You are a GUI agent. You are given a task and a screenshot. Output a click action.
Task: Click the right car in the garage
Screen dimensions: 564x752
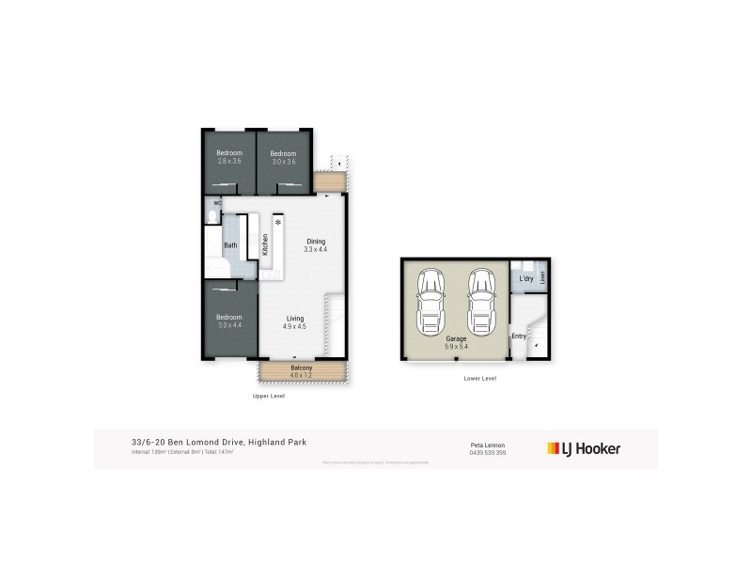click(x=479, y=301)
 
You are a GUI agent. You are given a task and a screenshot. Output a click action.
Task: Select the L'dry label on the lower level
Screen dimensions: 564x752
click(x=525, y=279)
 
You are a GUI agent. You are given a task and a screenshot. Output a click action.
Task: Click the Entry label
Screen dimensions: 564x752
click(x=518, y=336)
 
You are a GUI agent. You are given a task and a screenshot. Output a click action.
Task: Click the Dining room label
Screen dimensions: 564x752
click(x=316, y=244)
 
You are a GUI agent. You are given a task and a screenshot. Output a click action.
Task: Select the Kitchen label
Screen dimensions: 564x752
click(x=265, y=245)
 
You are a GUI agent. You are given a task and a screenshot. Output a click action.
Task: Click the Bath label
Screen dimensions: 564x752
click(x=230, y=246)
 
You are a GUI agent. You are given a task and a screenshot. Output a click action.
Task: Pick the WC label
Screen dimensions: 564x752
click(x=217, y=202)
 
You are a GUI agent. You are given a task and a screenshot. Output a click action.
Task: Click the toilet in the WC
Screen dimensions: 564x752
click(x=212, y=216)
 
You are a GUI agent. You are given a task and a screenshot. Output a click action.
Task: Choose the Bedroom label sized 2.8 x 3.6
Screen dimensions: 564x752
click(x=229, y=158)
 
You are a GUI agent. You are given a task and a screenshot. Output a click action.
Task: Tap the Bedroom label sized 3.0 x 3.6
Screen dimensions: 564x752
click(x=283, y=158)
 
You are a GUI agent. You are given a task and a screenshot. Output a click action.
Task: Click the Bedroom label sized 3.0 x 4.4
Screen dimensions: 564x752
click(x=229, y=321)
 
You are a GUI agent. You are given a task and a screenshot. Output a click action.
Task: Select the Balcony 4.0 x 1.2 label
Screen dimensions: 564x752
click(x=301, y=372)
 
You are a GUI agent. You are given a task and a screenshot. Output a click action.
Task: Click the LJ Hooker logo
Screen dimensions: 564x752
click(x=584, y=448)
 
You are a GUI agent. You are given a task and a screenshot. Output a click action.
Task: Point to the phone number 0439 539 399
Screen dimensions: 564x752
click(x=488, y=453)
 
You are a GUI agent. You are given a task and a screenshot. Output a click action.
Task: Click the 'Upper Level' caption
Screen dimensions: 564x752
click(x=268, y=396)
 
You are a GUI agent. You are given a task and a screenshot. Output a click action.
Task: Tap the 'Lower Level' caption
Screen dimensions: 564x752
click(x=479, y=378)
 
